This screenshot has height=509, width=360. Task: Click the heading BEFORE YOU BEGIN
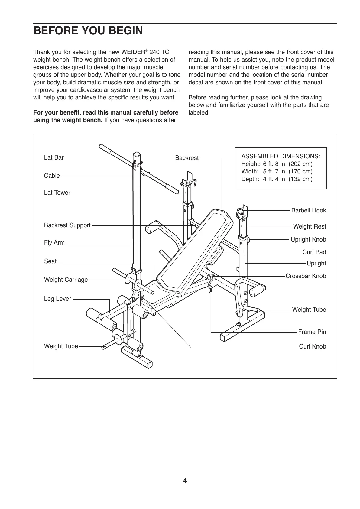[88, 31]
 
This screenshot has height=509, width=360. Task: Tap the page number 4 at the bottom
[185, 481]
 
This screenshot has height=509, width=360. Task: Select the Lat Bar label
[54, 157]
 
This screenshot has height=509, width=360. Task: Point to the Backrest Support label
[67, 225]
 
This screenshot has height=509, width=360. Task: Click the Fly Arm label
[54, 242]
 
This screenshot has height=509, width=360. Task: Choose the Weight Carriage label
[66, 280]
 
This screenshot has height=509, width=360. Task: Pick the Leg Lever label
[57, 299]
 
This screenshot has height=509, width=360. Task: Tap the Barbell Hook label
[308, 210]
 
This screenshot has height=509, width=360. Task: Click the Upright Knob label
[308, 239]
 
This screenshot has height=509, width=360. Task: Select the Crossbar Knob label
[306, 276]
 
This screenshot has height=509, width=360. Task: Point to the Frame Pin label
[312, 332]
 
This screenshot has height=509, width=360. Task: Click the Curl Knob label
[312, 346]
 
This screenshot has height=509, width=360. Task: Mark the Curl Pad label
[314, 252]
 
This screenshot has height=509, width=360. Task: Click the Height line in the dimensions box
[277, 164]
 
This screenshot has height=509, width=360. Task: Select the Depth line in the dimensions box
[277, 179]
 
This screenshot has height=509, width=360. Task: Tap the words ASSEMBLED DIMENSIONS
[281, 156]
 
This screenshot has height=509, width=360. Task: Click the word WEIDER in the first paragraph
[133, 52]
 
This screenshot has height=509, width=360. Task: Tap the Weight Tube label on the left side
[61, 346]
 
